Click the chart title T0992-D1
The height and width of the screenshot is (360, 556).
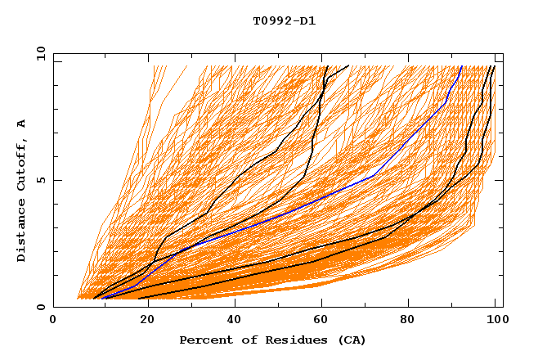pos(284,20)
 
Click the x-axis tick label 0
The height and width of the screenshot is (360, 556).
pos(54,322)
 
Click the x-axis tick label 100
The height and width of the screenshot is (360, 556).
pos(494,322)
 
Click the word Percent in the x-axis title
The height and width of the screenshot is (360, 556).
pos(202,340)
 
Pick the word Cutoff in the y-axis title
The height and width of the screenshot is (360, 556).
pos(21,164)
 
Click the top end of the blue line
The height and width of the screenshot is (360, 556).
pos(461,66)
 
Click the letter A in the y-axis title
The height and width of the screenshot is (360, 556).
pos(21,123)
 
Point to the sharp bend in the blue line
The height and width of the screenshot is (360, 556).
pos(374,176)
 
